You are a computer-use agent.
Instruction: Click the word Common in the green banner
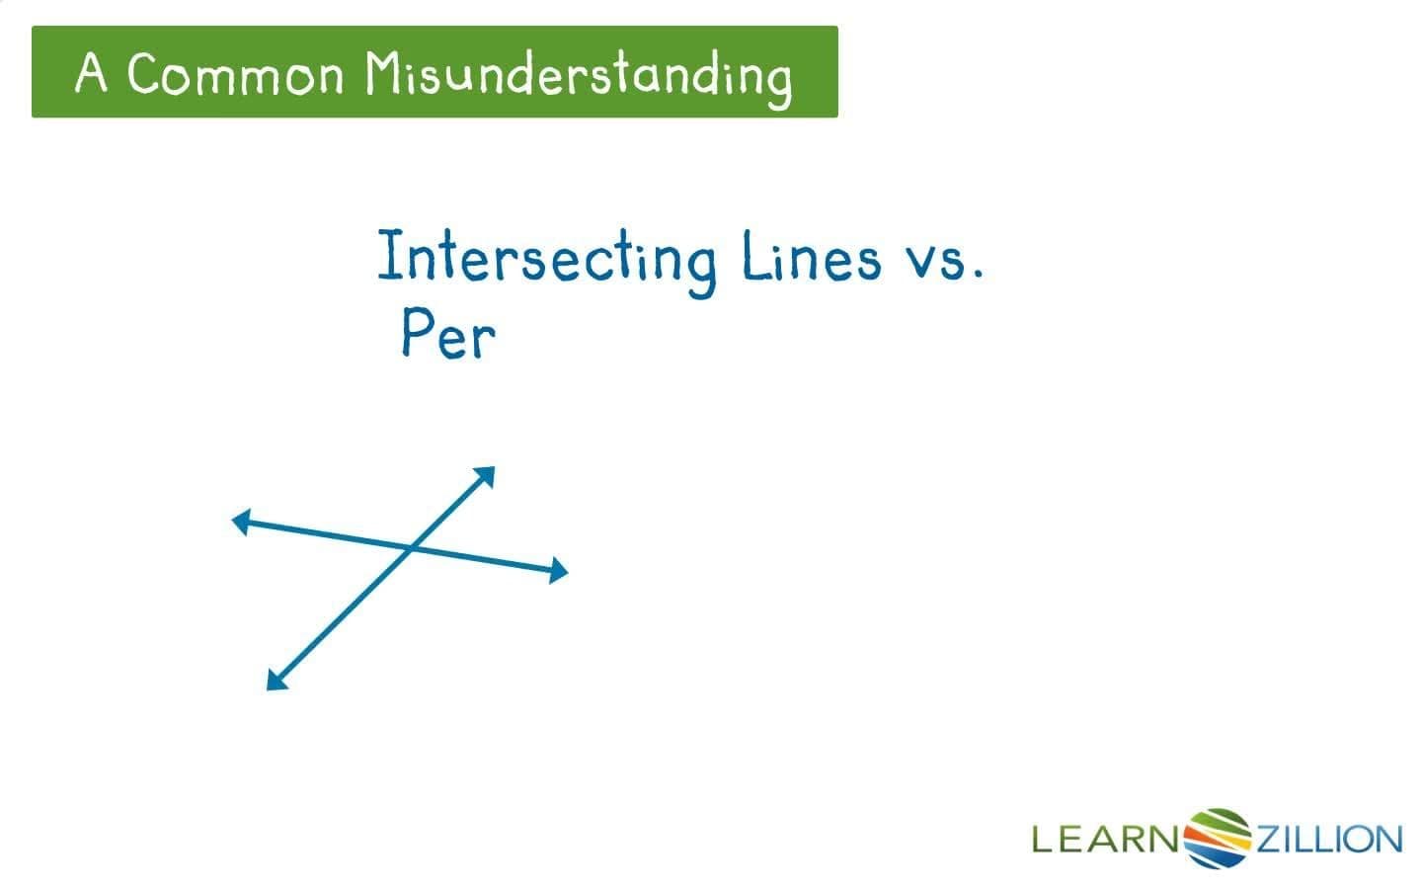[235, 74]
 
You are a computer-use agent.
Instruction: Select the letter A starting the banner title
[90, 72]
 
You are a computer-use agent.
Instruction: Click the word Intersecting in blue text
[547, 261]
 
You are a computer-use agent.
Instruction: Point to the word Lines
[812, 255]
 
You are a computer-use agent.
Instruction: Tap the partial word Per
[448, 334]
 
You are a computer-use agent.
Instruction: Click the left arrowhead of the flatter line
[241, 522]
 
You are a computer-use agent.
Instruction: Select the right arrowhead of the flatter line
[558, 570]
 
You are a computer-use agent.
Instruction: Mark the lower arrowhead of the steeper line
[276, 680]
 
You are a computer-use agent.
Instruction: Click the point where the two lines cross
[411, 547]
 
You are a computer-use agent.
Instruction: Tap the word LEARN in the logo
[1105, 840]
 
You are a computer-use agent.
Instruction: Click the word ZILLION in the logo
[1330, 840]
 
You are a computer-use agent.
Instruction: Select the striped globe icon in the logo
[1218, 839]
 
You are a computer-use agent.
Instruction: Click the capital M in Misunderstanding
[385, 72]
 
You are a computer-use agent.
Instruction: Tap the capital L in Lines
[754, 254]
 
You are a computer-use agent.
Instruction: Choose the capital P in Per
[417, 331]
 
